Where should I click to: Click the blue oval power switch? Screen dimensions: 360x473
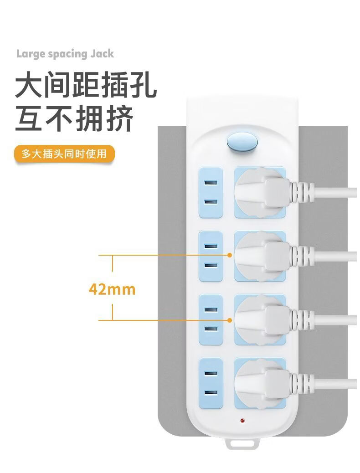242,142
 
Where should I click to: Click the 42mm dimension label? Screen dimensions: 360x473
112,289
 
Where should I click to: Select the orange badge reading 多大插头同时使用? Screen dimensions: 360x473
64,154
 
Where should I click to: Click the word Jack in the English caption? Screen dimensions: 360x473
102,54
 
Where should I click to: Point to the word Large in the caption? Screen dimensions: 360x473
31,54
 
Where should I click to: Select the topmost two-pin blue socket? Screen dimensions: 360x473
211,192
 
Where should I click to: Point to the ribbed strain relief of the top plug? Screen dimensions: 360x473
303,192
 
